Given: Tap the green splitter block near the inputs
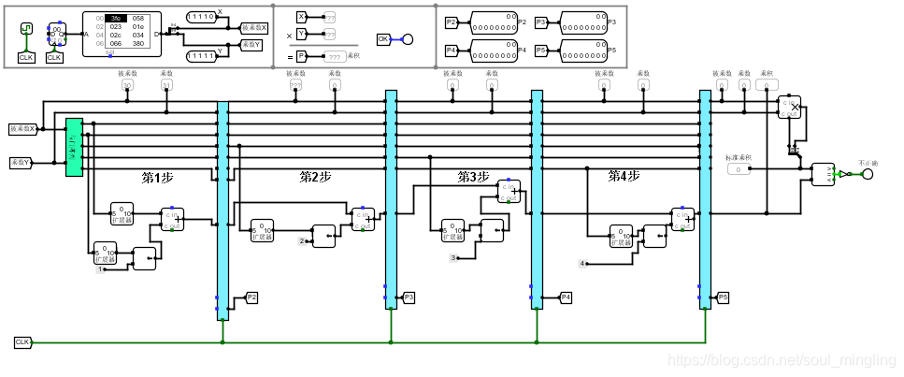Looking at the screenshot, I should tap(74, 147).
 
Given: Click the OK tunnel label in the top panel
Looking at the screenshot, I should tap(383, 39).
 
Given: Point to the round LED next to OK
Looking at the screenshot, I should tap(408, 39).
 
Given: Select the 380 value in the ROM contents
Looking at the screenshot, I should tap(138, 43).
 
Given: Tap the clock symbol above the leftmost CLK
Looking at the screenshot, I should tap(26, 30).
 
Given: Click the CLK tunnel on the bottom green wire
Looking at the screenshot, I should tap(22, 343).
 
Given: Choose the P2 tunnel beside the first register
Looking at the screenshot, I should tap(251, 297).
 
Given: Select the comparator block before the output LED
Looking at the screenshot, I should tap(822, 174).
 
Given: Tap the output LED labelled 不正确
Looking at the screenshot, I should tap(867, 174).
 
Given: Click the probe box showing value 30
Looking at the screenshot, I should tap(127, 85).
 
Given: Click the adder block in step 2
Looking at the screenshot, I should tap(363, 219).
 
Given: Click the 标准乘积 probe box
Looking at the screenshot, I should tap(739, 169).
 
